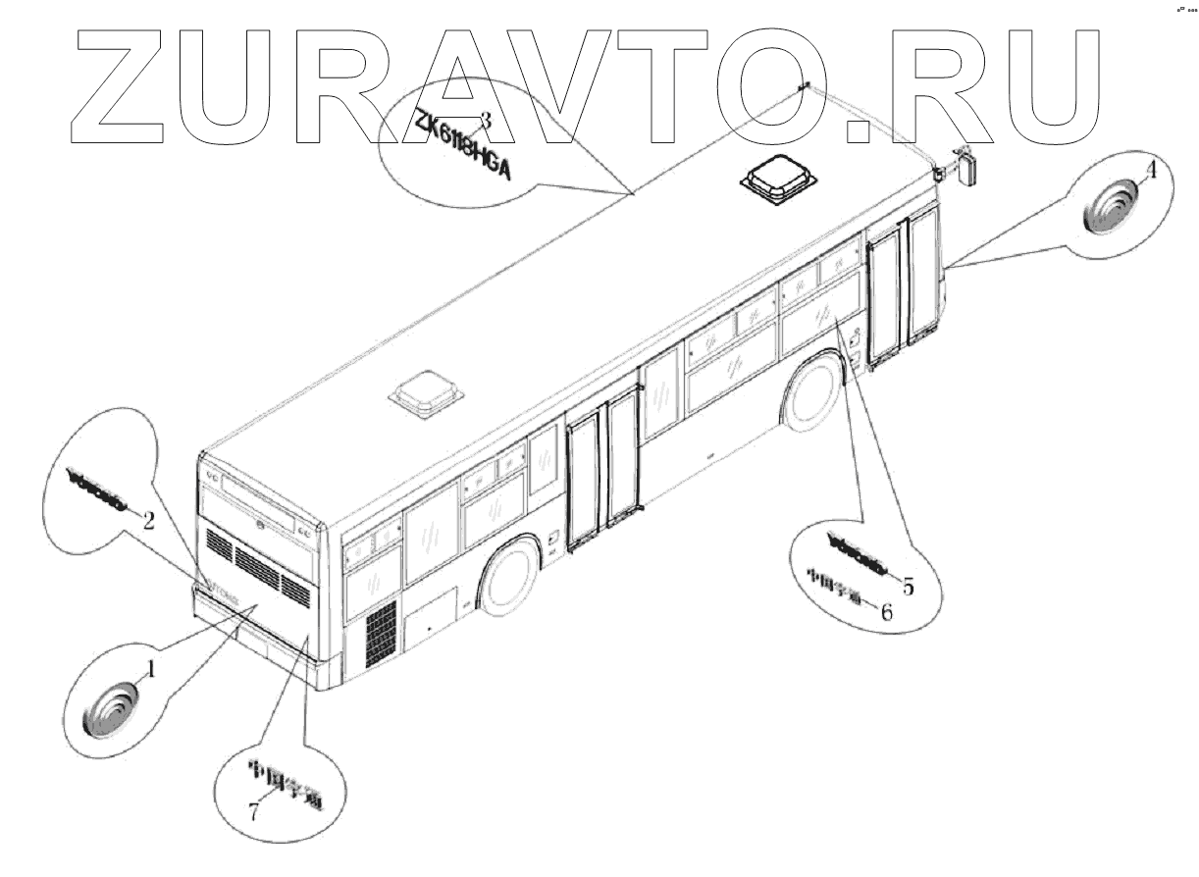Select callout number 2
tap(148, 521)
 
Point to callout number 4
tap(1151, 170)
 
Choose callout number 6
tap(886, 612)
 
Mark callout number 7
tap(253, 811)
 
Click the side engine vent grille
tap(380, 632)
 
